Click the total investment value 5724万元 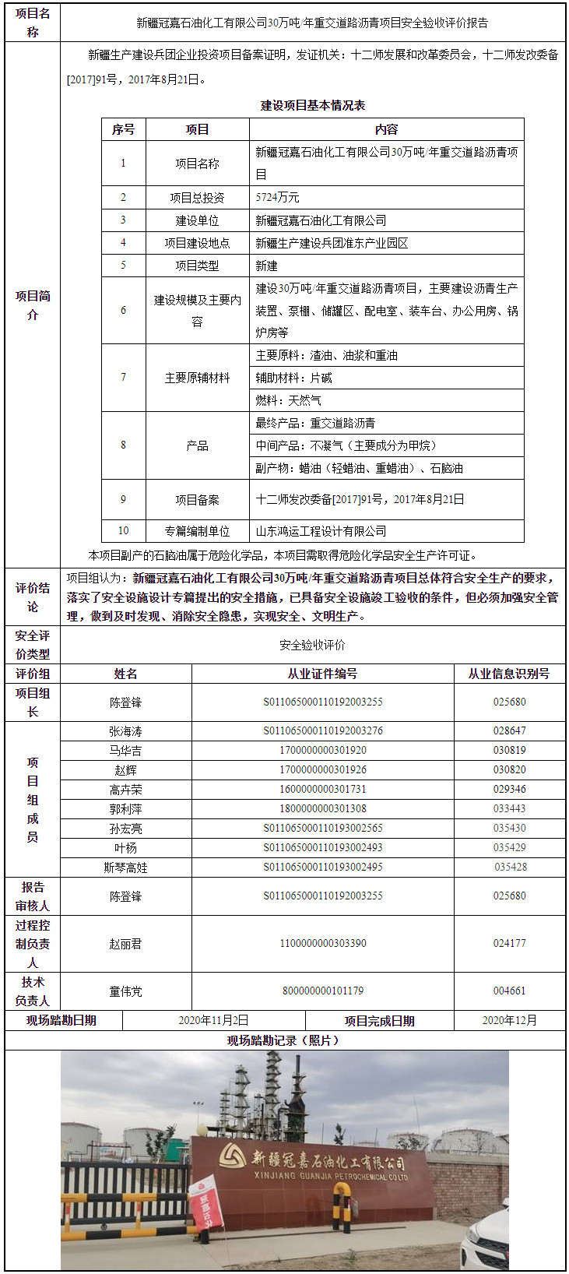point(278,198)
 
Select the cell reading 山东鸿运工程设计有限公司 point(321,531)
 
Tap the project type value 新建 point(267,266)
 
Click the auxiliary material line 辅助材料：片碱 point(293,378)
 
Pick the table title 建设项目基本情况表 point(312,105)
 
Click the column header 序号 point(123,129)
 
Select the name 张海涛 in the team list point(125,731)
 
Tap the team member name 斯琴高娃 point(125,868)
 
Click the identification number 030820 point(509,770)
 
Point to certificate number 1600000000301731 point(322,790)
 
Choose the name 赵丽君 point(125,944)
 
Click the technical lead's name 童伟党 point(125,991)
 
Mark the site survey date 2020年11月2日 point(213,1020)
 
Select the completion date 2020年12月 point(509,1020)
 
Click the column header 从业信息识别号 point(509,674)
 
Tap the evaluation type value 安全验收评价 point(312,645)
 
